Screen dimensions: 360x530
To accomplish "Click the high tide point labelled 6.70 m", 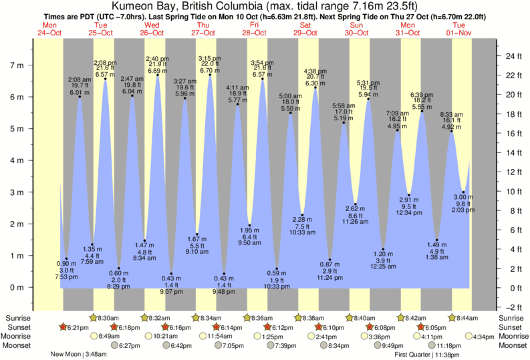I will click(x=210, y=75).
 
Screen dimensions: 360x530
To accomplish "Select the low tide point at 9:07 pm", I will click(x=170, y=273).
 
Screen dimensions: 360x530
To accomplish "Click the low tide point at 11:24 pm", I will click(x=329, y=260).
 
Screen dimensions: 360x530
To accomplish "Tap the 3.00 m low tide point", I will click(x=463, y=192).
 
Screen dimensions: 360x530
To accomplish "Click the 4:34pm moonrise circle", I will click(x=471, y=337).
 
